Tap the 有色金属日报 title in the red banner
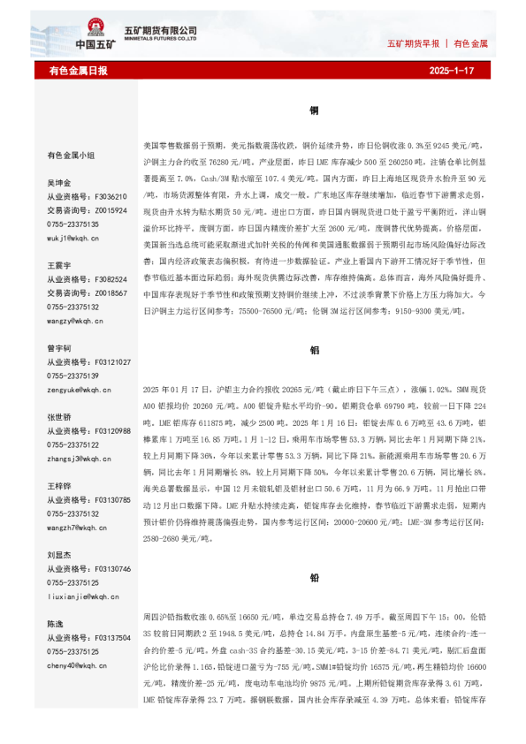pyautogui.click(x=78, y=70)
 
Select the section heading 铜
pyautogui.click(x=314, y=111)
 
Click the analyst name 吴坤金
pyautogui.click(x=58, y=182)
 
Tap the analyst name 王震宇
pyautogui.click(x=58, y=265)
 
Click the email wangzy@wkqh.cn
pyautogui.click(x=74, y=320)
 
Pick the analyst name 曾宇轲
pyautogui.click(x=58, y=348)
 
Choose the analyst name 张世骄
pyautogui.click(x=58, y=417)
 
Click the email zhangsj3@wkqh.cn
pyautogui.click(x=78, y=458)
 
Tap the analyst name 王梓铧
pyautogui.click(x=58, y=486)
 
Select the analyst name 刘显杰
pyautogui.click(x=58, y=555)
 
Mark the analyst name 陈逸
pyautogui.click(x=55, y=624)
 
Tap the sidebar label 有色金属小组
pyautogui.click(x=71, y=155)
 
